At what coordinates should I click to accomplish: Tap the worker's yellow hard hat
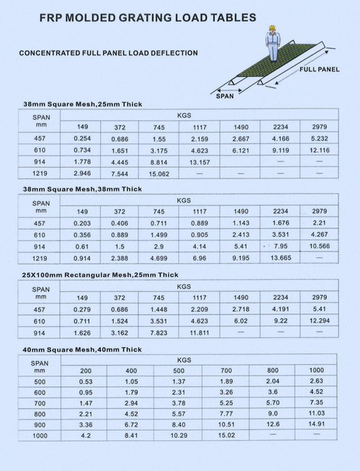click(273, 28)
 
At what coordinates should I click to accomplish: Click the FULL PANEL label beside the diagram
click(319, 69)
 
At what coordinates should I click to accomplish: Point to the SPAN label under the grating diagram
click(226, 96)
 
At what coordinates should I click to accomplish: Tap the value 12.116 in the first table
click(320, 150)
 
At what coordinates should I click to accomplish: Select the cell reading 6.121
click(241, 150)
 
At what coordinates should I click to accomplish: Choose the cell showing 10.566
click(320, 247)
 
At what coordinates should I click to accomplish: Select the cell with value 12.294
click(320, 321)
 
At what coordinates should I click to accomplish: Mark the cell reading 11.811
click(200, 332)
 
